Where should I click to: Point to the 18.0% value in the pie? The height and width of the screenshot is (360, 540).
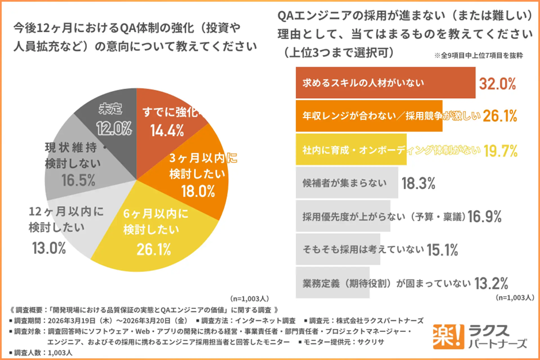pyautogui.click(x=192, y=190)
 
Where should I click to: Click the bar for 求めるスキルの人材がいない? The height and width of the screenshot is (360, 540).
pyautogui.click(x=385, y=83)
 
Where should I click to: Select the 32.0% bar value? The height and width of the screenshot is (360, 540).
pyautogui.click(x=499, y=83)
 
